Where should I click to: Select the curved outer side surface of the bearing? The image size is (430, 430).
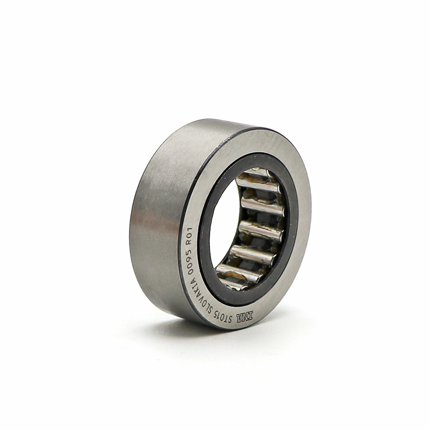[162, 219]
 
